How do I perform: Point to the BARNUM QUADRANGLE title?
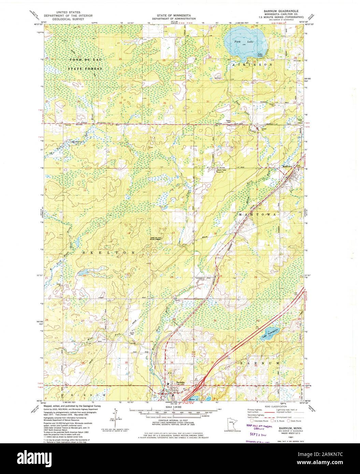pyautogui.click(x=278, y=11)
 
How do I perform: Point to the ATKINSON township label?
pyautogui.click(x=252, y=64)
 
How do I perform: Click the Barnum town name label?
pyautogui.click(x=180, y=383)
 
